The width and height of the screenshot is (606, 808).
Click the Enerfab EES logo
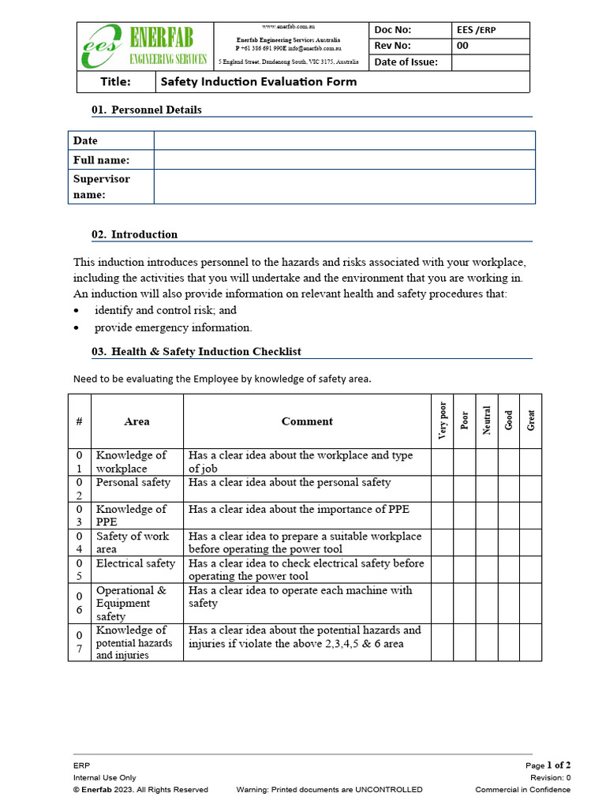point(144,47)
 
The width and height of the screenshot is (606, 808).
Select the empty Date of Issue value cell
point(490,62)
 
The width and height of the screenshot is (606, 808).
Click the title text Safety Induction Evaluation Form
point(259,81)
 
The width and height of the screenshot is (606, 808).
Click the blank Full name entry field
point(344,160)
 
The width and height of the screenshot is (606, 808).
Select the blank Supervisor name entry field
point(344,186)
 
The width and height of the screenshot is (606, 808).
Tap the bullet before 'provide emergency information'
point(77,327)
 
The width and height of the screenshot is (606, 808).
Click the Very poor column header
point(442,421)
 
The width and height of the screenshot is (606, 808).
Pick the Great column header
point(531,421)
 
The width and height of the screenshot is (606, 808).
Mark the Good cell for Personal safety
point(509,488)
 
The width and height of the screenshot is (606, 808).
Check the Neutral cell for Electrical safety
point(487,569)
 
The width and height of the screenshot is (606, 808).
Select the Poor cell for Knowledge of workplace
point(465,462)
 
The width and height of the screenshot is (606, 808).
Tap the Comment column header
point(307,421)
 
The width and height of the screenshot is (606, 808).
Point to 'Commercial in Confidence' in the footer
point(522,789)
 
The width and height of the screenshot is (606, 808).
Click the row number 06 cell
point(79,603)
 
